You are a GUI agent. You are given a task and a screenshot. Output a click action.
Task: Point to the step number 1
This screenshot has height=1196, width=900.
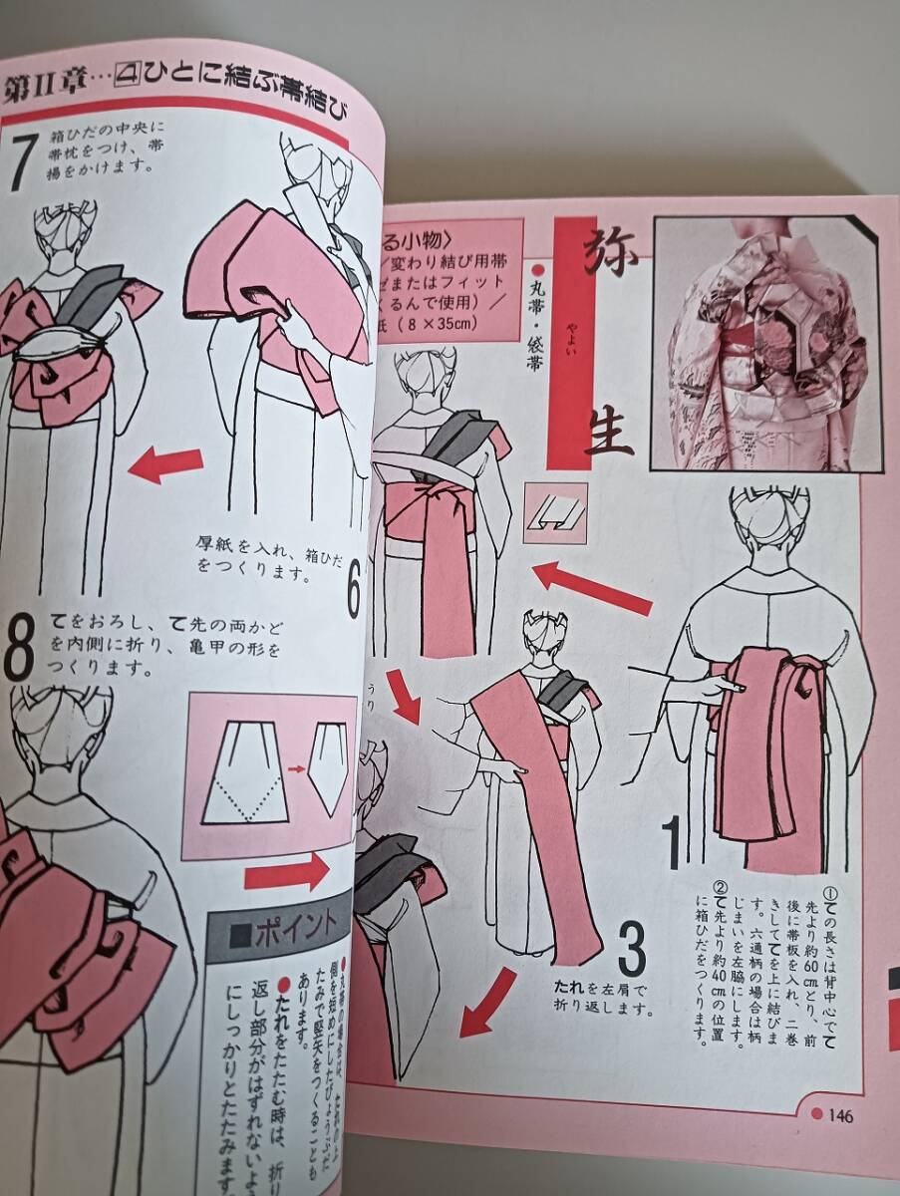tap(673, 841)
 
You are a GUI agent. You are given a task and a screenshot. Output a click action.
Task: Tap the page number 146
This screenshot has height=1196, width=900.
tap(840, 1116)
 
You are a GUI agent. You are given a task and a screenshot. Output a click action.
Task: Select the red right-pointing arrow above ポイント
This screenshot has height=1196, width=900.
tap(285, 872)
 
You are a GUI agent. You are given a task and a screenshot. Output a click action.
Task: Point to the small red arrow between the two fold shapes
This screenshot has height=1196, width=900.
tap(296, 769)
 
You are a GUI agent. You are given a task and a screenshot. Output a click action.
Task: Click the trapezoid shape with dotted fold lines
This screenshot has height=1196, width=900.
tap(245, 772)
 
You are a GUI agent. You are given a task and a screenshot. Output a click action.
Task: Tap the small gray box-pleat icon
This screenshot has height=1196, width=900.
tap(553, 513)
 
